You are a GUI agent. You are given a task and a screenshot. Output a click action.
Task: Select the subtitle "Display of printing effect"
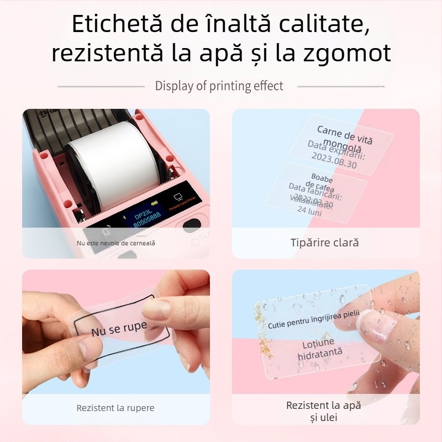219,86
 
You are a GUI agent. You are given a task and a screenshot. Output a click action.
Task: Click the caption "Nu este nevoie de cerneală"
116,243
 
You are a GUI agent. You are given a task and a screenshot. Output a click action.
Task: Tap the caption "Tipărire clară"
325,243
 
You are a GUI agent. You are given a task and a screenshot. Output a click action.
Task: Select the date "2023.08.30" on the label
334,164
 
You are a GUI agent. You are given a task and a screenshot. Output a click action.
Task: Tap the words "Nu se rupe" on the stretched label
119,329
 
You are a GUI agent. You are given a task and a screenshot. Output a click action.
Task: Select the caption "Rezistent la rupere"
115,408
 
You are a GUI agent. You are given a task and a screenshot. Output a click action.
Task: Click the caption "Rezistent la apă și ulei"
324,411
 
